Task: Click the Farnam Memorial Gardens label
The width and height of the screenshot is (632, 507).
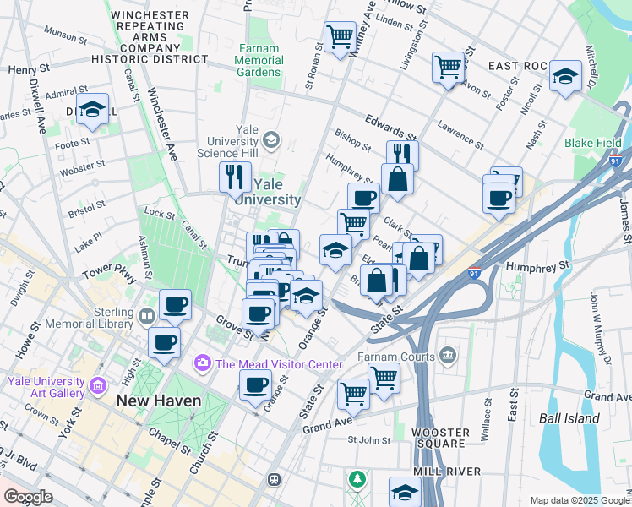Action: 259,60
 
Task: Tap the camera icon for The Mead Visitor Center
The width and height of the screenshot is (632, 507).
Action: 202,363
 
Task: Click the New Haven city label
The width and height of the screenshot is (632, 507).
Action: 159,401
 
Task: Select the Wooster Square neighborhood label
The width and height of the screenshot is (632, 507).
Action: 439,438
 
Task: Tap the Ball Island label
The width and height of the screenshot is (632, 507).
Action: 571,417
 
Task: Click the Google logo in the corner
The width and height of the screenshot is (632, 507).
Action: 28,497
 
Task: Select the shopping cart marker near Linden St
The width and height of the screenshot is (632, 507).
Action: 340,36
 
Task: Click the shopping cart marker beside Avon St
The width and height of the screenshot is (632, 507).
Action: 448,67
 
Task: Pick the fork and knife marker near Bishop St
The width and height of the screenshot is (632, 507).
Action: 403,154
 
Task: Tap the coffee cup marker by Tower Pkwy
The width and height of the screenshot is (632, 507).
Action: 175,304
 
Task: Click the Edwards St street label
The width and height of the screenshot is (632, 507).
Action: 390,128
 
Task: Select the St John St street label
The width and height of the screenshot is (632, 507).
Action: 370,439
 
